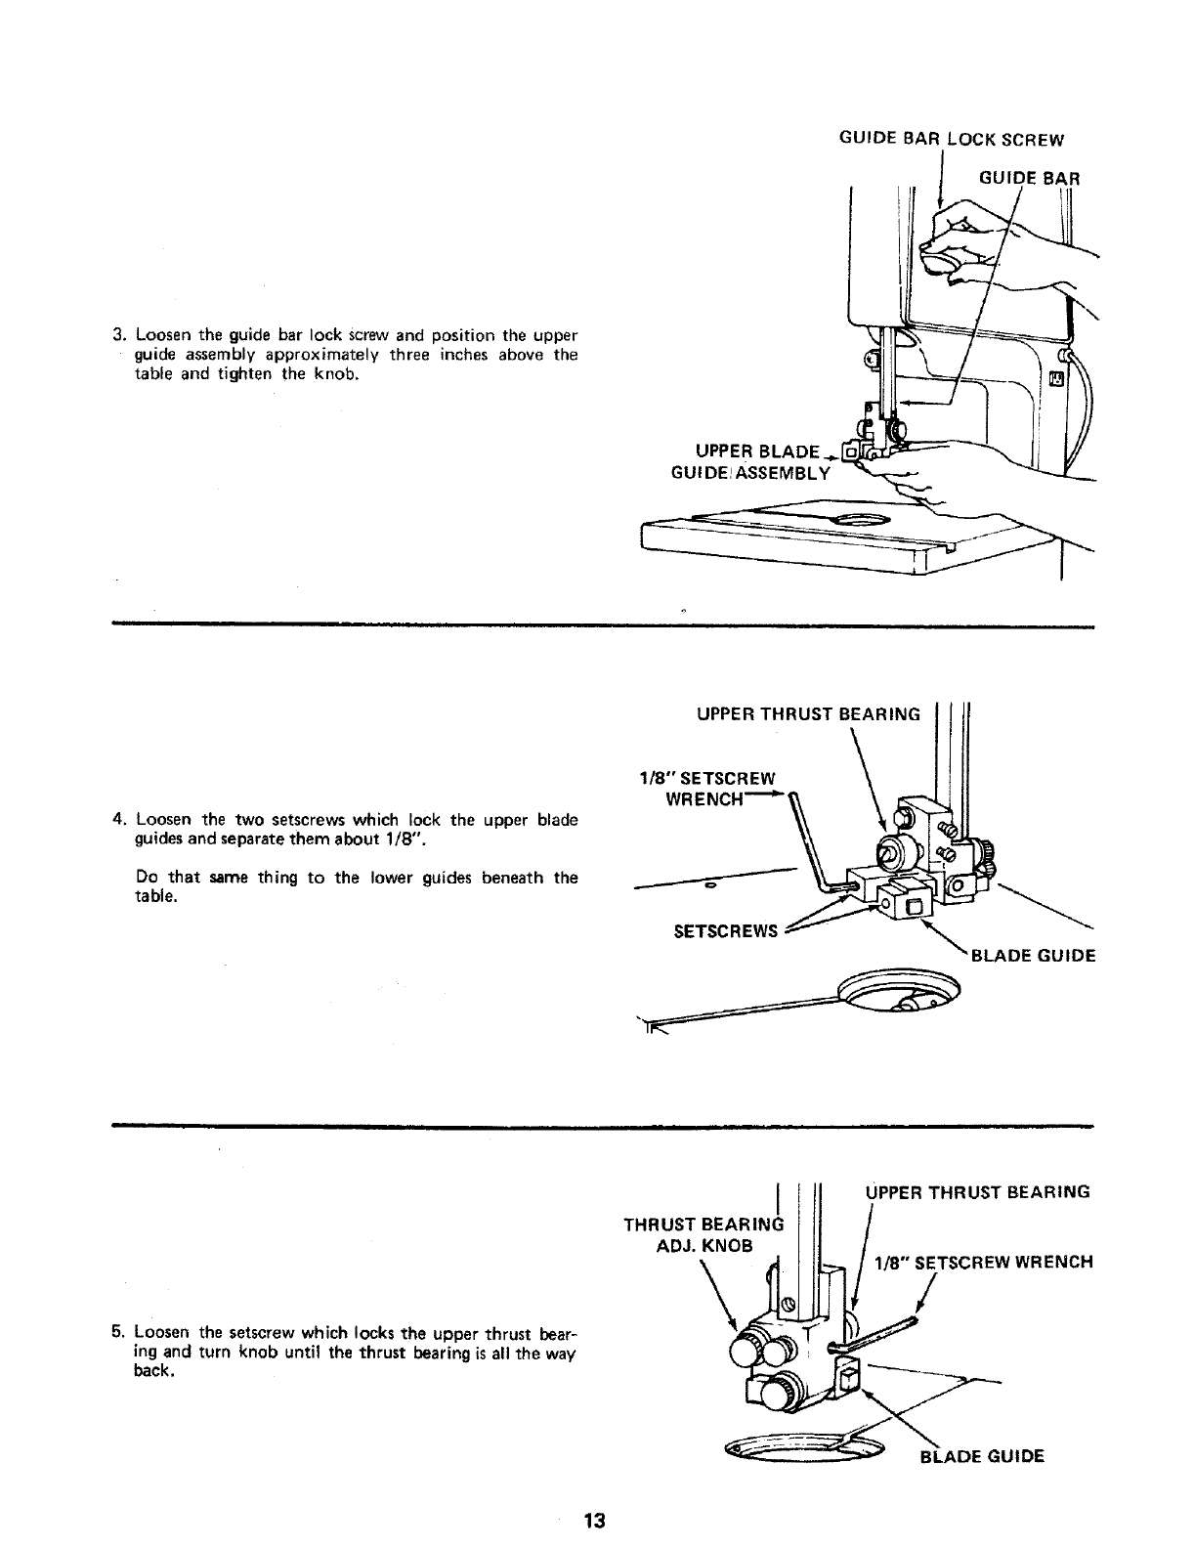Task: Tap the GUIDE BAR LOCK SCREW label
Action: (951, 140)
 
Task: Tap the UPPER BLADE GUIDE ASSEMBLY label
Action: (762, 462)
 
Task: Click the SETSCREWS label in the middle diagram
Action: (726, 931)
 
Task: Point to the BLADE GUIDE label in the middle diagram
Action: (1032, 956)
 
